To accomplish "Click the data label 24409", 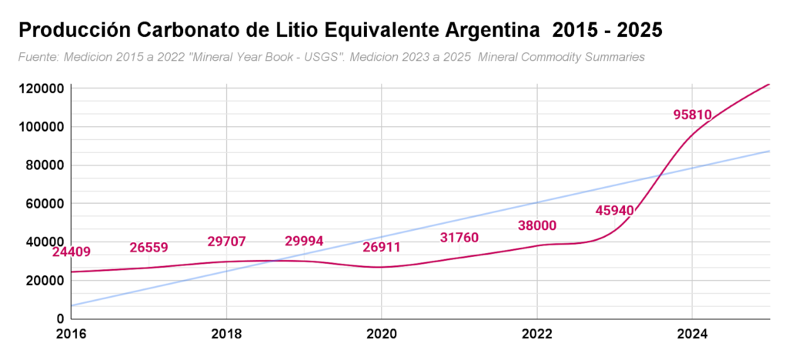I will (x=72, y=252).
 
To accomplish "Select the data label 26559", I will (x=149, y=248).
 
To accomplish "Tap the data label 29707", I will (x=226, y=242).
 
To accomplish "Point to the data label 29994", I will (x=304, y=242).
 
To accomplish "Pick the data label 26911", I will (x=382, y=248).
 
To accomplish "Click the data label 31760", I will (x=459, y=238).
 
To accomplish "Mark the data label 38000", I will (x=537, y=225).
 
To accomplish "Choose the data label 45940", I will (x=615, y=210).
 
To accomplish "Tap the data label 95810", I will (x=693, y=115).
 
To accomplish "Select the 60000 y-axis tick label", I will (x=45, y=204).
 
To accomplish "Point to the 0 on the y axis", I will (x=60, y=318).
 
